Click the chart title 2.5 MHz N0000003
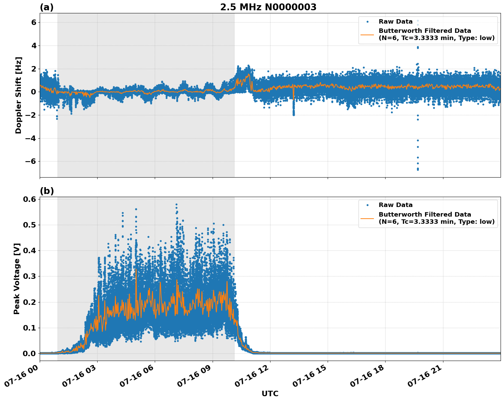[x=268, y=7]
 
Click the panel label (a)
[x=47, y=7]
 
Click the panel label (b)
[x=47, y=191]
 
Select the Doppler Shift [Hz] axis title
[x=18, y=95]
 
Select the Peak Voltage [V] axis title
[x=17, y=279]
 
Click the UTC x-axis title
[x=270, y=393]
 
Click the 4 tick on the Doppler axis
[x=34, y=46]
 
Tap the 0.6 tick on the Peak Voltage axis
[x=29, y=199]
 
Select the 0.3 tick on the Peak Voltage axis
[x=29, y=276]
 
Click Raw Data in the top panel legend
[x=395, y=22]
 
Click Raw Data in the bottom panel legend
[x=395, y=205]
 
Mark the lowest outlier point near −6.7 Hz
[x=418, y=169]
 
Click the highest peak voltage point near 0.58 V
[x=176, y=205]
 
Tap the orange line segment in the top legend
[x=367, y=34]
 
